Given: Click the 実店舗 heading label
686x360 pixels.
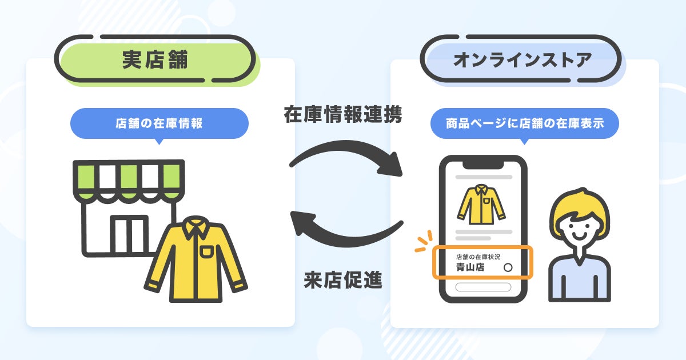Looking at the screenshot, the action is [155, 60].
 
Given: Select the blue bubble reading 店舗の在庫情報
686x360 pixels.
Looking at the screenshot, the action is [159, 123].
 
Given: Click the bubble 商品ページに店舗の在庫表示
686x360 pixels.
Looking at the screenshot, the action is [524, 123].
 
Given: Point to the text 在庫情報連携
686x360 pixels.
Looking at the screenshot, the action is [344, 115].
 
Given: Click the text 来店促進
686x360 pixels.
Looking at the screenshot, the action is [343, 281].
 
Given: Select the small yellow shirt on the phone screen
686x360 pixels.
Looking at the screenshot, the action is [480, 204].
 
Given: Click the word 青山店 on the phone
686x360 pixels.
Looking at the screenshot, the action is [469, 267].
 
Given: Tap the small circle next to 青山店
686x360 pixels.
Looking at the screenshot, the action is [508, 267].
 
